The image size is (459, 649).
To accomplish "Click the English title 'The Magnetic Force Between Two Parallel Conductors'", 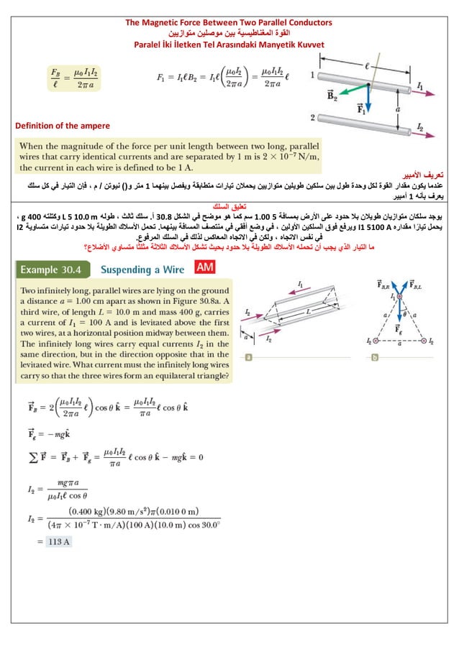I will [x=229, y=24].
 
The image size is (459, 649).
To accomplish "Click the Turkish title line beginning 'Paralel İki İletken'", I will [x=229, y=45].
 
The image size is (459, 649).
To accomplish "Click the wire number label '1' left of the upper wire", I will [x=311, y=75].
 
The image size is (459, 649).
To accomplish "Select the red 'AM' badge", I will [x=205, y=267].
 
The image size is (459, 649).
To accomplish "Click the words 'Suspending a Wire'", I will [x=145, y=270].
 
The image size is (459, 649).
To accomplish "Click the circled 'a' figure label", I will [x=247, y=356].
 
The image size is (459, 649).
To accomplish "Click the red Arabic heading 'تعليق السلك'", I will [x=228, y=205].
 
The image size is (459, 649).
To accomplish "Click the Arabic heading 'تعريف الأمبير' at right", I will [x=424, y=175].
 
